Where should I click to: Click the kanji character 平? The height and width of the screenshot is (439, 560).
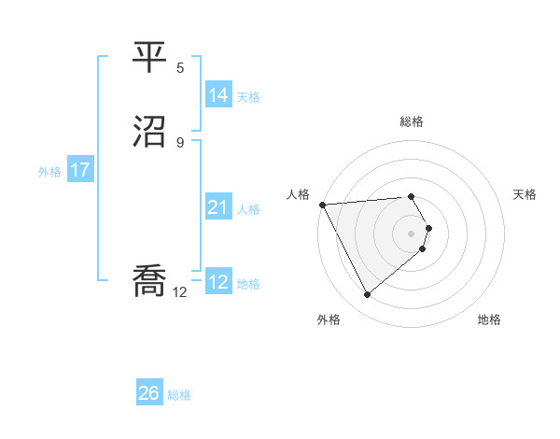(148, 59)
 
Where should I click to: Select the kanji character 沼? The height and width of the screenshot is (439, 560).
(148, 131)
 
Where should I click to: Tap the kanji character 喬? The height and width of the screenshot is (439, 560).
(148, 281)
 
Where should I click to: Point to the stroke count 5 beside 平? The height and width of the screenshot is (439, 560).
(181, 68)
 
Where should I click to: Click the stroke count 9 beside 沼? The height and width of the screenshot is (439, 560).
(181, 142)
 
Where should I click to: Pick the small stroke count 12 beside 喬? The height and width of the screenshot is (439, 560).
(180, 292)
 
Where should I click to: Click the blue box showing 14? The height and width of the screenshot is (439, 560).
(217, 95)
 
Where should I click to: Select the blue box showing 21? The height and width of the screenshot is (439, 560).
(217, 207)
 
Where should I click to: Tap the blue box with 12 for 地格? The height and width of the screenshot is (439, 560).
(217, 282)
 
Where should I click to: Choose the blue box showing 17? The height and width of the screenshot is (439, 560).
(80, 171)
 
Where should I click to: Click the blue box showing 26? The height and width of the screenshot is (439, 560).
(149, 393)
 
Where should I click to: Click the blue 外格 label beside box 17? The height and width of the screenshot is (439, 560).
(49, 172)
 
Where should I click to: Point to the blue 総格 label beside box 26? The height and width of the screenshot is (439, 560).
(180, 395)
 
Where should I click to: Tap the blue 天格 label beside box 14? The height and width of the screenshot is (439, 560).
(248, 97)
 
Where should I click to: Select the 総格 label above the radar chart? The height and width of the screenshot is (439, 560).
(412, 121)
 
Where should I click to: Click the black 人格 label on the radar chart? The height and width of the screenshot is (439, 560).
(298, 193)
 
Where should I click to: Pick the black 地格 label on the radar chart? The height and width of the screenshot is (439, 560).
(489, 319)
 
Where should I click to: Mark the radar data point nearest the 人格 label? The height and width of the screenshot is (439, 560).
(322, 205)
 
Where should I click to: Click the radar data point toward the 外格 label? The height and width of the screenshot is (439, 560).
(367, 295)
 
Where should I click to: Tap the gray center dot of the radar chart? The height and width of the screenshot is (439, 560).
(412, 233)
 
